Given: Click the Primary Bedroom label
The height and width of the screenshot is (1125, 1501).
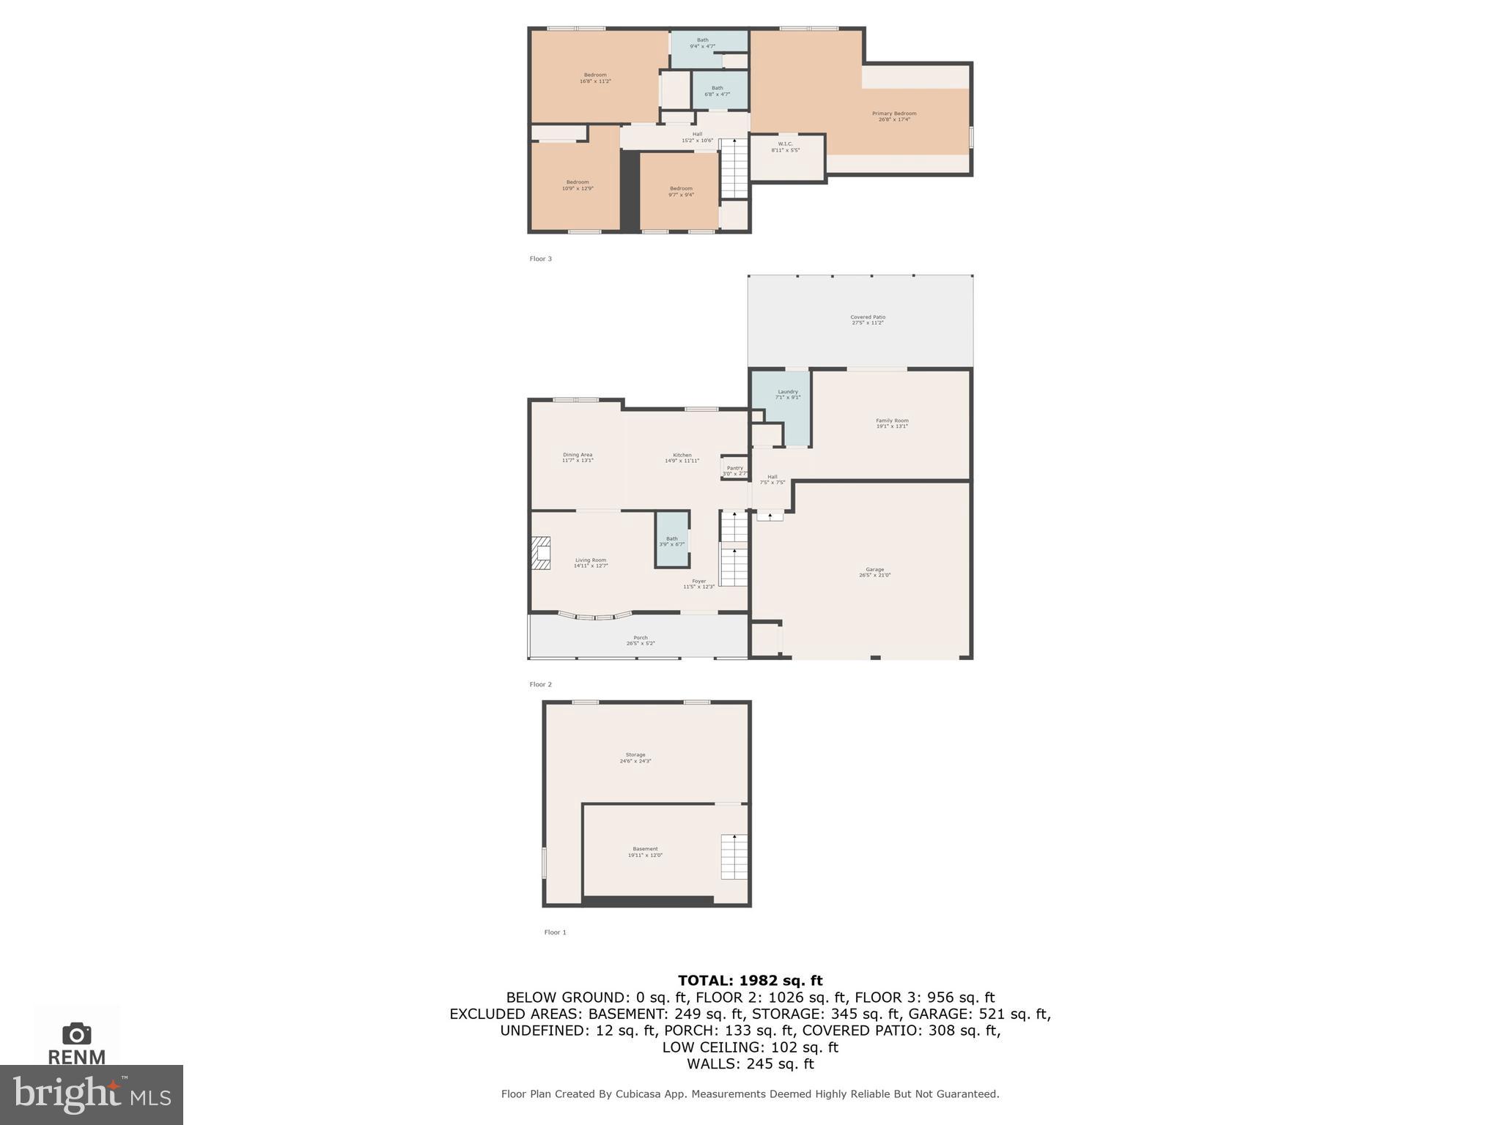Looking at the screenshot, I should pos(894,116).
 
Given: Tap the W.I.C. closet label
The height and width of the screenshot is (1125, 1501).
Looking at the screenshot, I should pos(785,146).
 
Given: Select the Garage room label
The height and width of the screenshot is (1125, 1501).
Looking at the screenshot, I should pos(874,572).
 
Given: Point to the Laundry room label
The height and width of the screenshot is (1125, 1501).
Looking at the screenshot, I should pos(788,394).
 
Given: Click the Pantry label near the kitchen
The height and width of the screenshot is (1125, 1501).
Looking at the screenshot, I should pos(734,470).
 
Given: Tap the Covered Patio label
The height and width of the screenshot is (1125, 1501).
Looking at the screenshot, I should pos(868,319).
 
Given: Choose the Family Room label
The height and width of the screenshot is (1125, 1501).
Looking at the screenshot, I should pos(892,423).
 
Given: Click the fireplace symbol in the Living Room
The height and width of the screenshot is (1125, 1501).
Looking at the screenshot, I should pos(541,553).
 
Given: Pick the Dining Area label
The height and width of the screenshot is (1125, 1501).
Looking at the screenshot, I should pos(578,457).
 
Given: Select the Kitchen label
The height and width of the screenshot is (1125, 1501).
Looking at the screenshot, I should pos(682,458).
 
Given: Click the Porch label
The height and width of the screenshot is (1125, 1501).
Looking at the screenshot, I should pos(641,640).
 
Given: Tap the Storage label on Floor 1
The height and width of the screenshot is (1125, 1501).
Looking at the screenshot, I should pos(635,757).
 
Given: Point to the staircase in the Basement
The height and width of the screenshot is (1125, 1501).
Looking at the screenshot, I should pos(734,856).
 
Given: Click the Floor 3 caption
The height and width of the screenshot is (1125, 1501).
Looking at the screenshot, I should pos(541,259).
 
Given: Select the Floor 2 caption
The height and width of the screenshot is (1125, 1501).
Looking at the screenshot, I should pos(541,684).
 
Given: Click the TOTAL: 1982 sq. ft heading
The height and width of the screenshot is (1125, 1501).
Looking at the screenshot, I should pos(750,981).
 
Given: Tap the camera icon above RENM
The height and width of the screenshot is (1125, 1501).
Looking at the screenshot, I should pos(76,1033).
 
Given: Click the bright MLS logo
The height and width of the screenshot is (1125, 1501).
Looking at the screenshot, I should pos(92,1094).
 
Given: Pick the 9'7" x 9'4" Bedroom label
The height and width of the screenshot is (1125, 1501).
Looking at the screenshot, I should pos(681,191).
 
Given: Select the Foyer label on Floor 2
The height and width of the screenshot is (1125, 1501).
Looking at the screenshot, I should pos(698,584).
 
